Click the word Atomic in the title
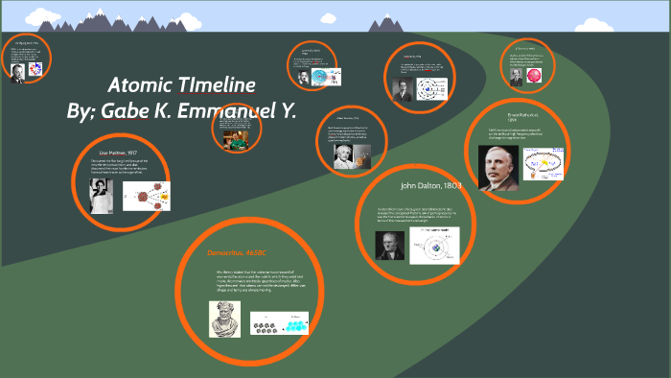pyautogui.click(x=139, y=83)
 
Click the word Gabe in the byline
pyautogui.click(x=127, y=110)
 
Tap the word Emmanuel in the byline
pyautogui.click(x=220, y=110)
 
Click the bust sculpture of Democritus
pyautogui.click(x=224, y=319)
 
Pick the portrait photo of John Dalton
pyautogui.click(x=387, y=246)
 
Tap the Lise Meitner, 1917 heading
pyautogui.click(x=120, y=152)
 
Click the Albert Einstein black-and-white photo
pyautogui.click(x=343, y=156)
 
